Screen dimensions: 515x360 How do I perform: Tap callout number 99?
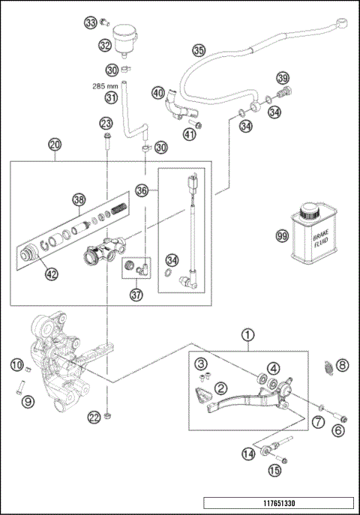pyautogui.click(x=281, y=235)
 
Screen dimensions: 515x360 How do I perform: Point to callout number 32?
pyautogui.click(x=105, y=45)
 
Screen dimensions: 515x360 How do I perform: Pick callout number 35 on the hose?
pyautogui.click(x=198, y=50)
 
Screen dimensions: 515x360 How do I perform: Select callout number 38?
pyautogui.click(x=79, y=199)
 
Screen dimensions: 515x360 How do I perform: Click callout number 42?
pyautogui.click(x=51, y=274)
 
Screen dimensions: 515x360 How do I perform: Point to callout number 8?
pyautogui.click(x=342, y=365)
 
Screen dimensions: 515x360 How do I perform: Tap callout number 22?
pyautogui.click(x=93, y=417)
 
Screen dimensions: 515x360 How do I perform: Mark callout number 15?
pyautogui.click(x=273, y=470)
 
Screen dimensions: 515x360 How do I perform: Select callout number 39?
pyautogui.click(x=282, y=78)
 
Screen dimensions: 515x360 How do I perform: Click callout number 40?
pyautogui.click(x=157, y=93)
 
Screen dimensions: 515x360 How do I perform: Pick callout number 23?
pyautogui.click(x=106, y=123)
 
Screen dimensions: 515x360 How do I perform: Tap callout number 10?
pyautogui.click(x=16, y=365)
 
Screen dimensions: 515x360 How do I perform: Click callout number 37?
pyautogui.click(x=136, y=295)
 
